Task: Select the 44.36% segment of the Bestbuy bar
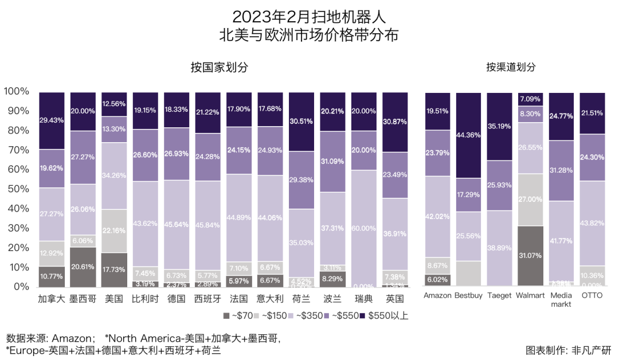(x=468, y=135)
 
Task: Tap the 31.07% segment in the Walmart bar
(x=530, y=256)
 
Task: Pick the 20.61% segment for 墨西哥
(x=83, y=267)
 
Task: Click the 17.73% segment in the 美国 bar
(x=113, y=269)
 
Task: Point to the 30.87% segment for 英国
(x=394, y=122)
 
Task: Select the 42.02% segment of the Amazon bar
(x=437, y=216)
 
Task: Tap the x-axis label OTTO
(x=592, y=296)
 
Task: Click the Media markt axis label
(x=561, y=300)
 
